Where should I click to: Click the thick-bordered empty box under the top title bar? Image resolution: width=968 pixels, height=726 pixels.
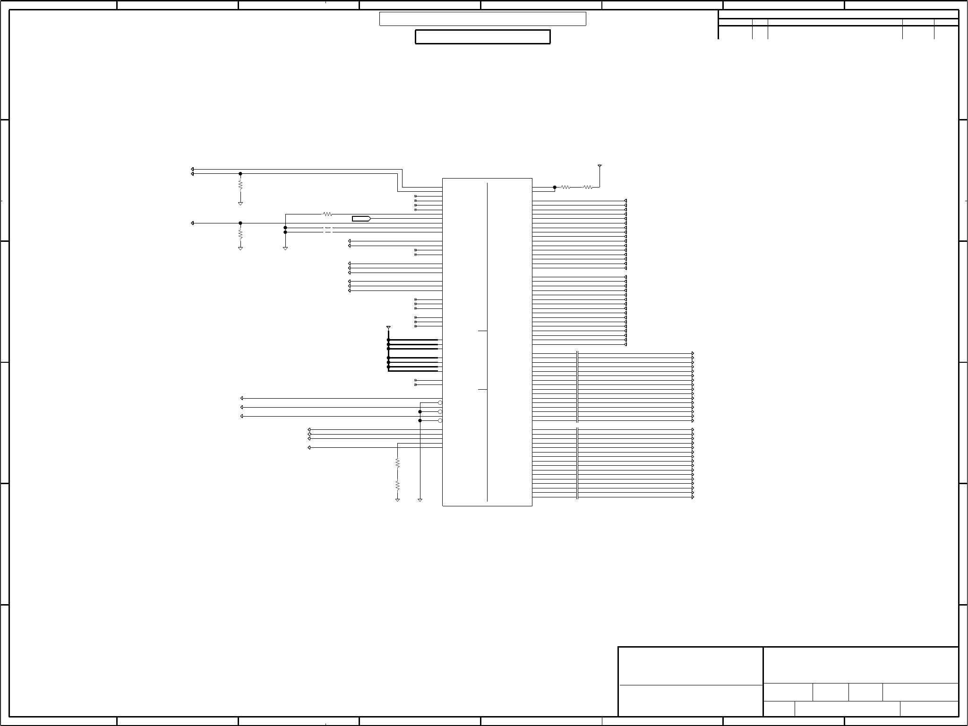coord(482,37)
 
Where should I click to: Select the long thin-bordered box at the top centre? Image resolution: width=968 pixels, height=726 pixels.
coord(482,19)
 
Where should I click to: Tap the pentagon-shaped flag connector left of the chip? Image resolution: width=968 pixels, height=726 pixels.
coord(361,219)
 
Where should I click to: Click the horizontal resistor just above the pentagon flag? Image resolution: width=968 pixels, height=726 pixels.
coord(327,214)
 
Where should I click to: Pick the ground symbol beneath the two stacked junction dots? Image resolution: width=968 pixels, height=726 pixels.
coord(285,248)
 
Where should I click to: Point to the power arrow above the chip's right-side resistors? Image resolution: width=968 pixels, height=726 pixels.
coord(600,166)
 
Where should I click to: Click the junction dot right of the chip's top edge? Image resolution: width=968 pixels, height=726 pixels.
coord(555,187)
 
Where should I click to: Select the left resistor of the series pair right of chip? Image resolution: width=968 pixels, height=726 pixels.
coord(565,187)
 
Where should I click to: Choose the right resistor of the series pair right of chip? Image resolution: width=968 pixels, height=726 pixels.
coord(587,187)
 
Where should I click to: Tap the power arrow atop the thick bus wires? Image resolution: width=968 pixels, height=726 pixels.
coord(388,327)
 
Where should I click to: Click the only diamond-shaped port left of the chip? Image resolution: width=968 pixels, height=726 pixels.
coord(309,434)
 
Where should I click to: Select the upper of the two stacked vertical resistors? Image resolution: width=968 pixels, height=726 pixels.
coord(397,463)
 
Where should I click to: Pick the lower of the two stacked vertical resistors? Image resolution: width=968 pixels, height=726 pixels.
coord(397,485)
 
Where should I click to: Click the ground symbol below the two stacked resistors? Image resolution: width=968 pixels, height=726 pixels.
coord(397,499)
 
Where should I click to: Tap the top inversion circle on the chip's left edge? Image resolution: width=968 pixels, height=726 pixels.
coord(440,403)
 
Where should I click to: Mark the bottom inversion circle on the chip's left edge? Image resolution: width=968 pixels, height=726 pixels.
coord(440,420)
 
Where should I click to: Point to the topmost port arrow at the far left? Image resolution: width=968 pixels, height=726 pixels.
coord(192,169)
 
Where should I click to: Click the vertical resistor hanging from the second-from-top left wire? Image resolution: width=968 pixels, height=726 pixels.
coord(240,184)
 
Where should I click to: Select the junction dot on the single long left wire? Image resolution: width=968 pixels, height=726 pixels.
coord(240,223)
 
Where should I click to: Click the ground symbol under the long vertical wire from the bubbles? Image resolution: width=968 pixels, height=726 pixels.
coord(420,499)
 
